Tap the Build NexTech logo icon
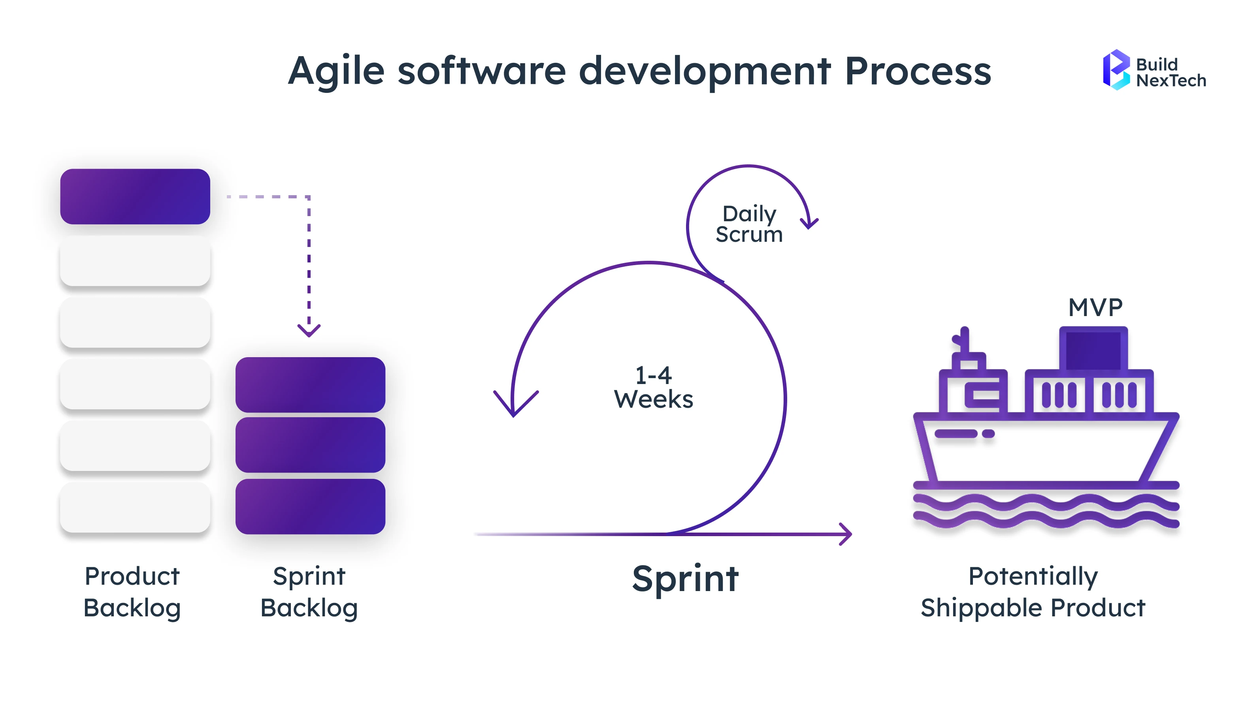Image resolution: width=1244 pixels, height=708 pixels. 1116,70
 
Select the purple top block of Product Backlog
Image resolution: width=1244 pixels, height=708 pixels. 135,196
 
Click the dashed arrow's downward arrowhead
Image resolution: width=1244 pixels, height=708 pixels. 309,331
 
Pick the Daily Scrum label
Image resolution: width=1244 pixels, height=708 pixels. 749,224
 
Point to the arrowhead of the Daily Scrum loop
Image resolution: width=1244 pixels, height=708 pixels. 809,223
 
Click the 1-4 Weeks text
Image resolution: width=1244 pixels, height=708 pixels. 653,388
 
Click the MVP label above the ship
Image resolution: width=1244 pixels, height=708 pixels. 1095,307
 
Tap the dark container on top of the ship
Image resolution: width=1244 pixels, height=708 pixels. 1093,349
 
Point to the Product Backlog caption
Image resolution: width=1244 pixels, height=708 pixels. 132,592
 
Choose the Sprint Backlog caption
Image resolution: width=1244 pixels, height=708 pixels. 309,592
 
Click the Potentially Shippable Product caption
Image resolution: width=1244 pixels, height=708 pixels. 1033,592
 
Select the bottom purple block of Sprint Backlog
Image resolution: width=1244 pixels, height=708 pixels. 310,506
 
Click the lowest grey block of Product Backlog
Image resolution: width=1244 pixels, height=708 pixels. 135,507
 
